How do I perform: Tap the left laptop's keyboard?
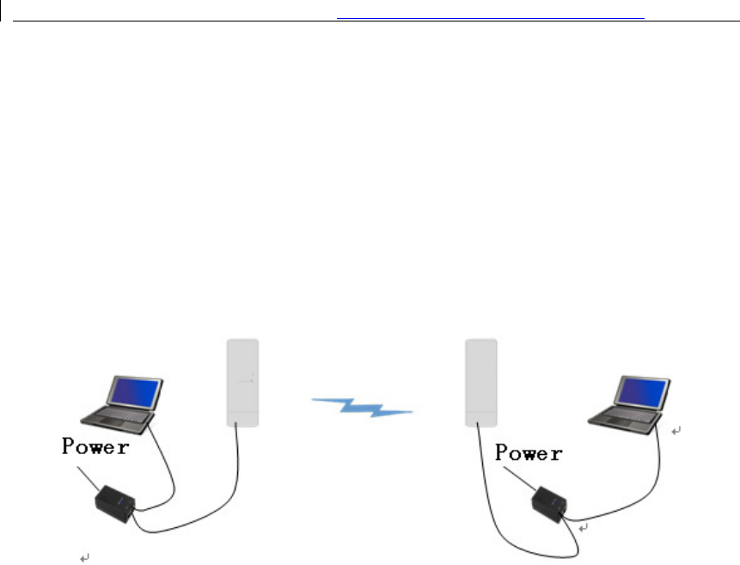pyautogui.click(x=119, y=417)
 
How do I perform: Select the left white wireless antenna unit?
pyautogui.click(x=242, y=378)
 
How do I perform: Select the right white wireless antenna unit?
pyautogui.click(x=481, y=378)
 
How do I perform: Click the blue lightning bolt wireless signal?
pyautogui.click(x=362, y=406)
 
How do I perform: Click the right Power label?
pyautogui.click(x=529, y=452)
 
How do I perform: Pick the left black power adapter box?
pyautogui.click(x=113, y=503)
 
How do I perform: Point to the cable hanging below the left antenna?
pyautogui.click(x=235, y=482)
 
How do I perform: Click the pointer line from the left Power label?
pyautogui.click(x=85, y=477)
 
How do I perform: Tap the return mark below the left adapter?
pyautogui.click(x=83, y=559)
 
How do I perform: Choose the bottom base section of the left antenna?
pyautogui.click(x=242, y=419)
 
